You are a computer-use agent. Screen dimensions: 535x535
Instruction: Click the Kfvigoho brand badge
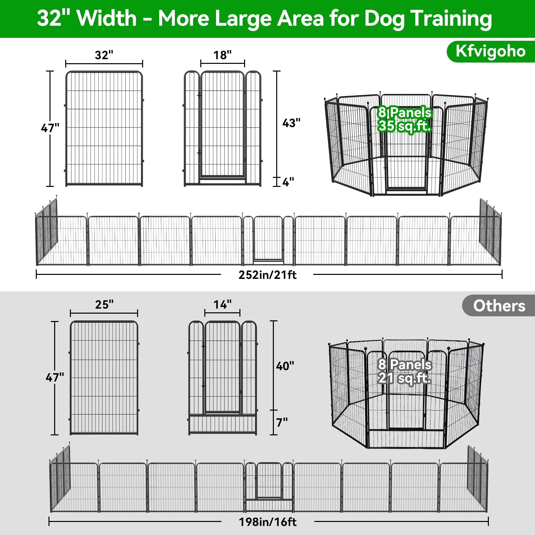[x=491, y=51]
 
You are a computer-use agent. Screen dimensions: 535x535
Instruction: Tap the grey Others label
[x=499, y=306]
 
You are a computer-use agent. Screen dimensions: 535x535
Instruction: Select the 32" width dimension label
[x=104, y=55]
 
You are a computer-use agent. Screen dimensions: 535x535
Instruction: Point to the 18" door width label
[x=222, y=55]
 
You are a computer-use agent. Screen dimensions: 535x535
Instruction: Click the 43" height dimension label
[x=291, y=123]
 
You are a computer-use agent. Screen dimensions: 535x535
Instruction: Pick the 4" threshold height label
[x=288, y=182]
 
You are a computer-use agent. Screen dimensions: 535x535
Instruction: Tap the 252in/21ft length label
[x=267, y=275]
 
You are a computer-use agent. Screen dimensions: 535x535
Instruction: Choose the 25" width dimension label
[x=104, y=305]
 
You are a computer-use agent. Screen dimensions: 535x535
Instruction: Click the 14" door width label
[x=222, y=305]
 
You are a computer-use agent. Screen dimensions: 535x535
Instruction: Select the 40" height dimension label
[x=285, y=366]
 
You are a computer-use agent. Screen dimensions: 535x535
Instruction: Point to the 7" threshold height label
[x=282, y=423]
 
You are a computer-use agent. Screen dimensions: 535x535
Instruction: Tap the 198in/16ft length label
[x=267, y=522]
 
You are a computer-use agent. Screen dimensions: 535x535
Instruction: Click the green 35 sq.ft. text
[x=405, y=126]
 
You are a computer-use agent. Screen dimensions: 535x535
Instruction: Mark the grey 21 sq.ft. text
[x=405, y=378]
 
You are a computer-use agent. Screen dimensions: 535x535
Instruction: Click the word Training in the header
[x=451, y=19]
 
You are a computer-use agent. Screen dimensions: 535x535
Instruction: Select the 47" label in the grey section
[x=55, y=378]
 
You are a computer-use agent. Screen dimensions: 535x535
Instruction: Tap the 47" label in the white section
[x=50, y=128]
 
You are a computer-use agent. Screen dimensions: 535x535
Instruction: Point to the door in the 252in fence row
[x=268, y=239]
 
